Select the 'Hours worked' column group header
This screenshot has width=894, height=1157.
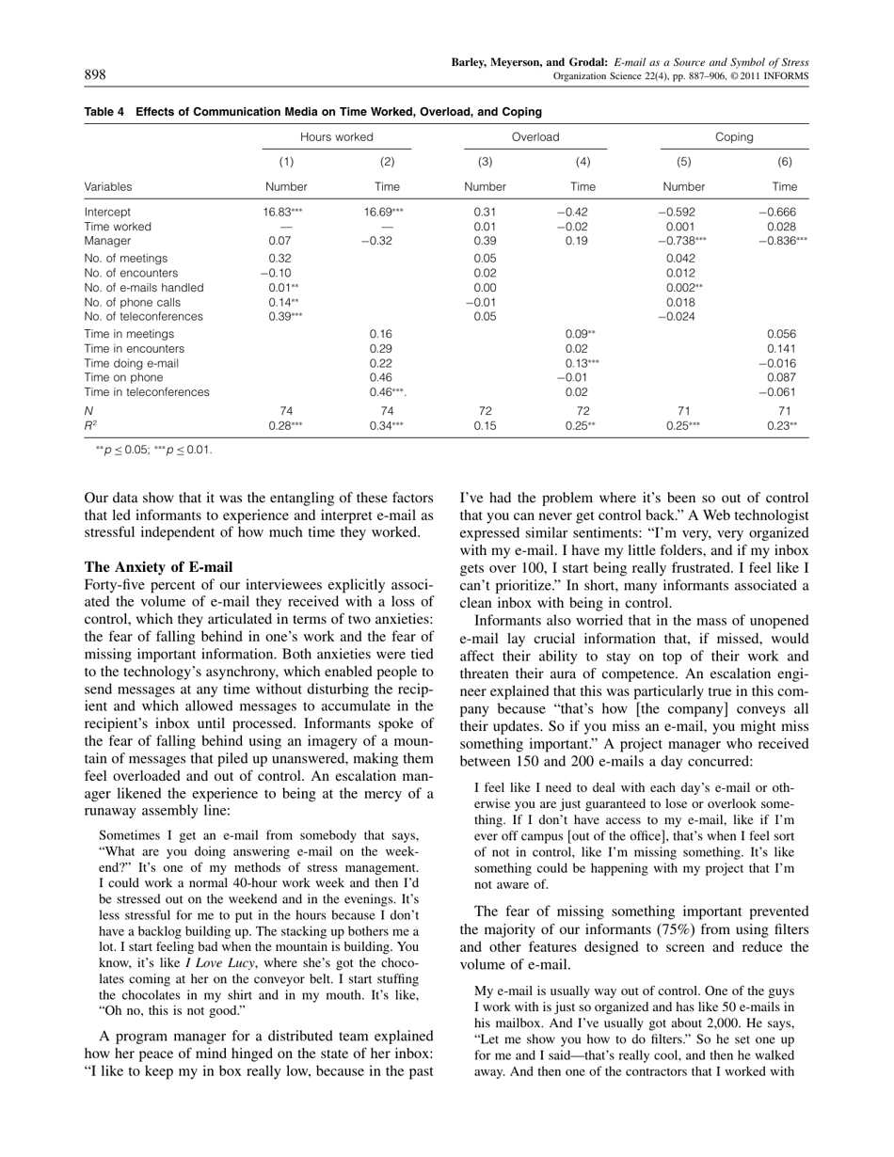[x=337, y=137]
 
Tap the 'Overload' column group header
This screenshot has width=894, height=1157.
[x=535, y=137]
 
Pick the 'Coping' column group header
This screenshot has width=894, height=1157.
[x=734, y=137]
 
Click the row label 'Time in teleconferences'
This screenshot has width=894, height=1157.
[x=147, y=392]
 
